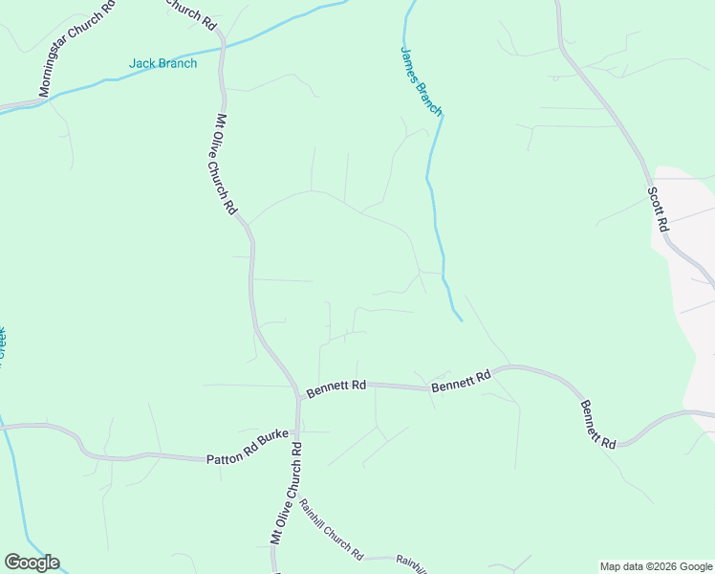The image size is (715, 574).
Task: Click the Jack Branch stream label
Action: click(163, 64)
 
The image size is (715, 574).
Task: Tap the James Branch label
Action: click(421, 80)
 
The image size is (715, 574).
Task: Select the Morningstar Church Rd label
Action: click(77, 49)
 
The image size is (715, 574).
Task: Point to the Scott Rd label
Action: click(658, 209)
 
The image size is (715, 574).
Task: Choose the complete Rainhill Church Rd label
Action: click(331, 529)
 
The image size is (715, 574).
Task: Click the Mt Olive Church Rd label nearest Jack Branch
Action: click(226, 164)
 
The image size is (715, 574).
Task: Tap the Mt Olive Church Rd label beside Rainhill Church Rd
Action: click(286, 493)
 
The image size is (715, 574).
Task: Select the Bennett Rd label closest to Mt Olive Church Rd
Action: click(336, 386)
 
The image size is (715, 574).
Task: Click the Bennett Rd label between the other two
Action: click(461, 381)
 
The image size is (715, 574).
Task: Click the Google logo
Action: click(32, 563)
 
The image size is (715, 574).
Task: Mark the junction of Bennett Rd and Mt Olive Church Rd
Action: click(298, 395)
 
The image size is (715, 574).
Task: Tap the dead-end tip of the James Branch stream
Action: click(462, 320)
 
